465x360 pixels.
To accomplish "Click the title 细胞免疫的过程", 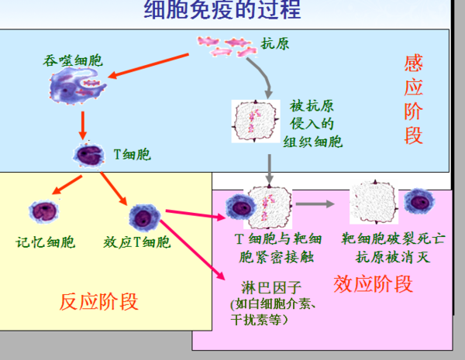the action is pyautogui.click(x=222, y=9).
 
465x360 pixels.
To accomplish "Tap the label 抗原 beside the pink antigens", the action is pyautogui.click(x=275, y=44).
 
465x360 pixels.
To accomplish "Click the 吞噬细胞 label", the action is pyautogui.click(x=73, y=60).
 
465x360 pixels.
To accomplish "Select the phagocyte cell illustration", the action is pyautogui.click(x=77, y=86).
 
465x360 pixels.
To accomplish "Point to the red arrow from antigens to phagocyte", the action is pyautogui.click(x=148, y=66).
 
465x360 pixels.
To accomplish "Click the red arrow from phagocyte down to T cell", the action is pyautogui.click(x=83, y=125).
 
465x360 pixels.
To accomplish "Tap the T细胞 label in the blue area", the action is pyautogui.click(x=133, y=154).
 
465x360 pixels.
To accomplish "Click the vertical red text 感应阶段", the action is pyautogui.click(x=413, y=100).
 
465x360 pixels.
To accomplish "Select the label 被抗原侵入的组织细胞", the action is pyautogui.click(x=312, y=124).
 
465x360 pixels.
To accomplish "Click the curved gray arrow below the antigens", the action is pyautogui.click(x=265, y=74).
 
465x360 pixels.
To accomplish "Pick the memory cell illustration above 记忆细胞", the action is pyautogui.click(x=44, y=211).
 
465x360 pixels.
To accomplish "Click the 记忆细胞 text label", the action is pyautogui.click(x=46, y=242).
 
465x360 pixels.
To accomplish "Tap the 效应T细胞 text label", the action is pyautogui.click(x=137, y=242).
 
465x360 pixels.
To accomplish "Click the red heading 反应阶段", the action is pyautogui.click(x=99, y=302).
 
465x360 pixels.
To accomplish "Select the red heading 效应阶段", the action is pyautogui.click(x=373, y=284).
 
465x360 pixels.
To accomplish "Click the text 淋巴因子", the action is pyautogui.click(x=271, y=287).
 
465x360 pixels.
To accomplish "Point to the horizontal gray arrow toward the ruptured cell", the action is pyautogui.click(x=315, y=204).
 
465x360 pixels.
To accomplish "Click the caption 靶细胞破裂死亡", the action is pyautogui.click(x=393, y=238).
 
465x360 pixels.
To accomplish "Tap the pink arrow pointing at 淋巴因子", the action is pyautogui.click(x=193, y=249).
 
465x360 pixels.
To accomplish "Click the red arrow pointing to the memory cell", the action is pyautogui.click(x=67, y=185).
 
